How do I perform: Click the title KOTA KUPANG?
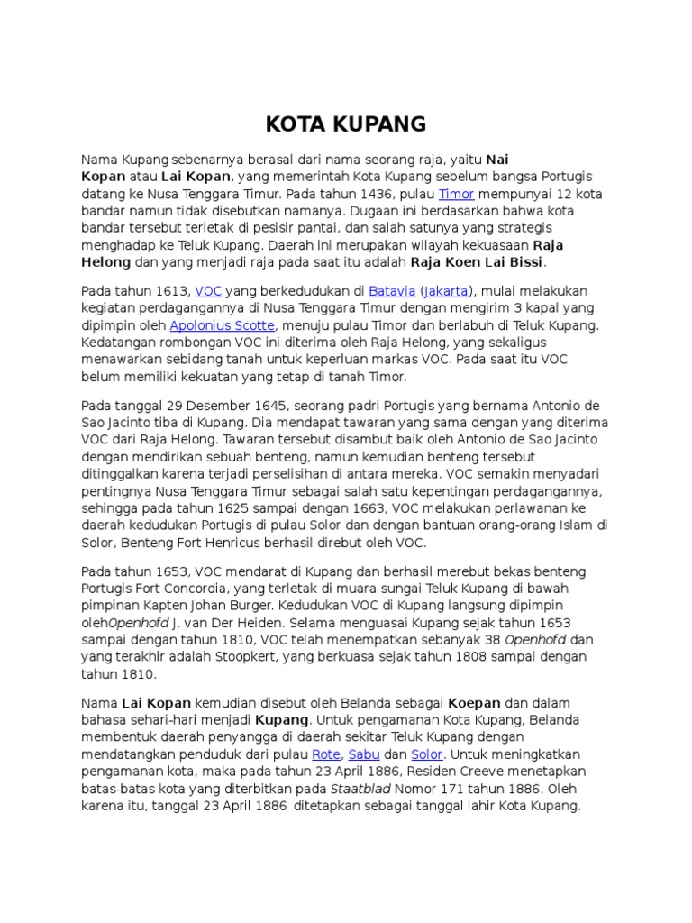coord(346,123)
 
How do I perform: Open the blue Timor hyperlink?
coord(455,194)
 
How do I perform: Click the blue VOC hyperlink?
coord(208,291)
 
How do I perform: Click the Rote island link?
coord(325,754)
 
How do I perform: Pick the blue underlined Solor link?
coord(426,754)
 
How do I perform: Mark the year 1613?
coord(173,291)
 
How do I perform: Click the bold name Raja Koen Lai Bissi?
coord(478,262)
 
